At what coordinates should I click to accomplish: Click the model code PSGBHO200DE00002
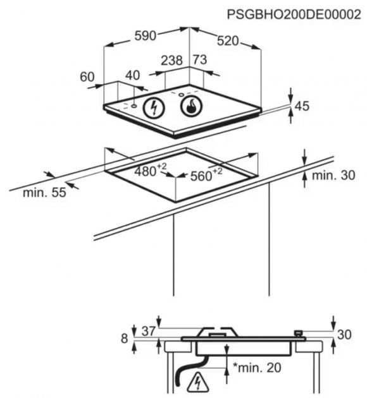(294, 14)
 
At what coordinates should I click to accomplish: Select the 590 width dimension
(145, 35)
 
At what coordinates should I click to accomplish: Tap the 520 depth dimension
(228, 41)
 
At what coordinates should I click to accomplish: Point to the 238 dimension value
(172, 61)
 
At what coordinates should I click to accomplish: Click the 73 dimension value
(200, 59)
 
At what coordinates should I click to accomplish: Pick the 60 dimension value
(87, 76)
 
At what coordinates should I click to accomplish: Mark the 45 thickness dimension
(302, 106)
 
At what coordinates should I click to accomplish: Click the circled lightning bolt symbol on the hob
(154, 108)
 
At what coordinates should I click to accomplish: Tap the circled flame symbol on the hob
(192, 106)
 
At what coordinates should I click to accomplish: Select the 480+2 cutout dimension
(151, 171)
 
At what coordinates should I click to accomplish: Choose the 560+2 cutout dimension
(206, 174)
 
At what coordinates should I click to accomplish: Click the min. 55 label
(44, 193)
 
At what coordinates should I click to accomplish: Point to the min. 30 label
(333, 176)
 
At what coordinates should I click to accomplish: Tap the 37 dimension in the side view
(149, 331)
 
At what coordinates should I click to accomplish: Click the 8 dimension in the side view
(124, 339)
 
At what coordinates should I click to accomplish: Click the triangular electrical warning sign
(197, 383)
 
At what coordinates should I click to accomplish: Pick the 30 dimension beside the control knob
(344, 335)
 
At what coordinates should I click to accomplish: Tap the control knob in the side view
(299, 333)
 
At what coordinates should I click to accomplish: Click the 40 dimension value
(133, 75)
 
